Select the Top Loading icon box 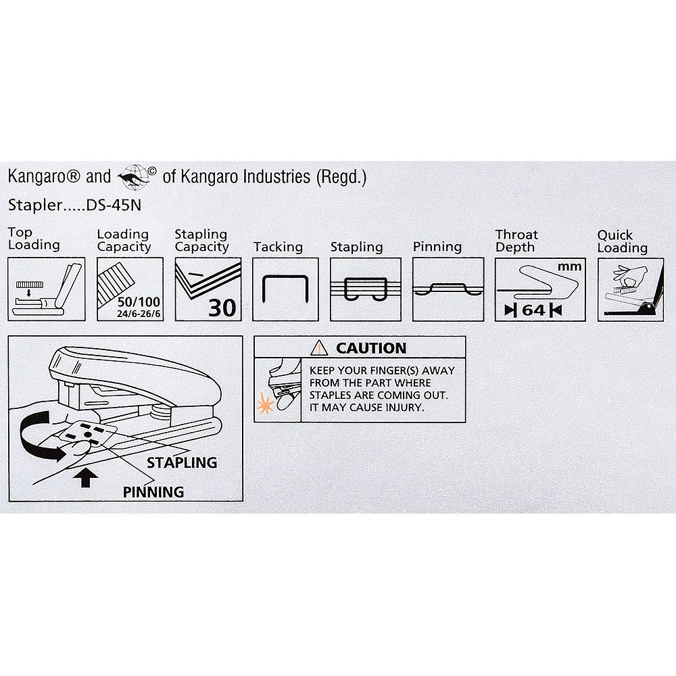coord(47,289)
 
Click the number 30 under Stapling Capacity coord(222,308)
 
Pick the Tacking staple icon coord(279,289)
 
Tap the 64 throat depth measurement coord(533,310)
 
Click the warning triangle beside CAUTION coord(318,348)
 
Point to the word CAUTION coord(371,348)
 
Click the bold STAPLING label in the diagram coord(183,463)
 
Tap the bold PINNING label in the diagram coord(153,492)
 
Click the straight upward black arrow coord(86,477)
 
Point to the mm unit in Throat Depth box coord(569,266)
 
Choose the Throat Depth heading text coord(516,241)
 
